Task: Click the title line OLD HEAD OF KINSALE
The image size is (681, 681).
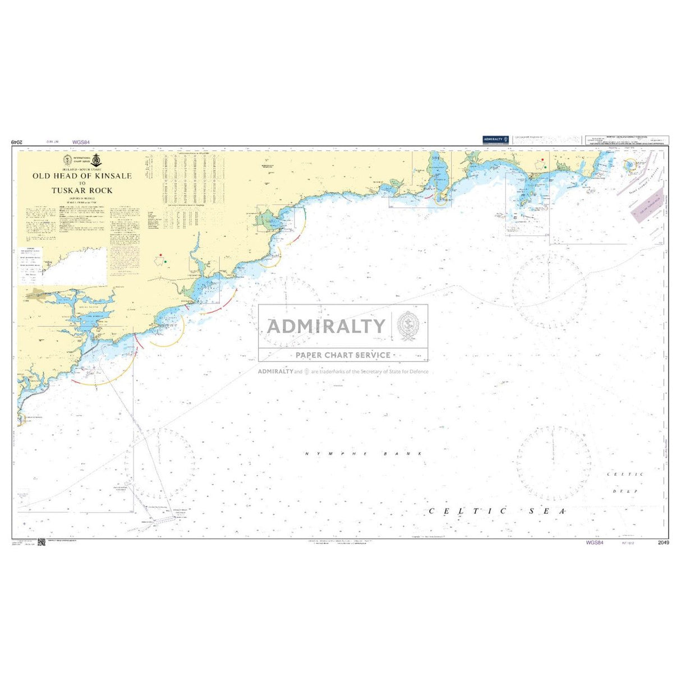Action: click(x=82, y=176)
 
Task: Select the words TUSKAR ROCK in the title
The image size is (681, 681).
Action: click(x=82, y=190)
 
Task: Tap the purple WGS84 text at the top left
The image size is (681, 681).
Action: click(x=81, y=143)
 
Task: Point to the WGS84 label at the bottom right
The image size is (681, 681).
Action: click(x=594, y=543)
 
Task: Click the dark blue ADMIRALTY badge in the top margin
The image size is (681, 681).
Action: click(x=495, y=139)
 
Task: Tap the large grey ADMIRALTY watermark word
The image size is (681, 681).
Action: click(x=326, y=326)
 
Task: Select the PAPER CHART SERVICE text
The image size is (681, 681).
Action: click(x=343, y=355)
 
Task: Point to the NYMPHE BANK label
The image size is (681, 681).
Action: click(x=363, y=453)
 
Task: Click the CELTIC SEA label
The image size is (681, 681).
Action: click(x=497, y=511)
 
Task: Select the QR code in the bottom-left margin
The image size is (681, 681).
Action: click(x=41, y=544)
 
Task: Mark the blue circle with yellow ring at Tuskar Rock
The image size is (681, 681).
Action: click(x=629, y=164)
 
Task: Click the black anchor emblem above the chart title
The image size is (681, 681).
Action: click(x=96, y=160)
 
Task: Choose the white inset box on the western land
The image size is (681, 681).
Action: click(x=73, y=267)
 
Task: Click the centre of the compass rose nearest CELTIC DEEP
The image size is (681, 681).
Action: click(x=553, y=463)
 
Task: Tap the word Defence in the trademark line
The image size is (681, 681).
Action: click(x=418, y=371)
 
